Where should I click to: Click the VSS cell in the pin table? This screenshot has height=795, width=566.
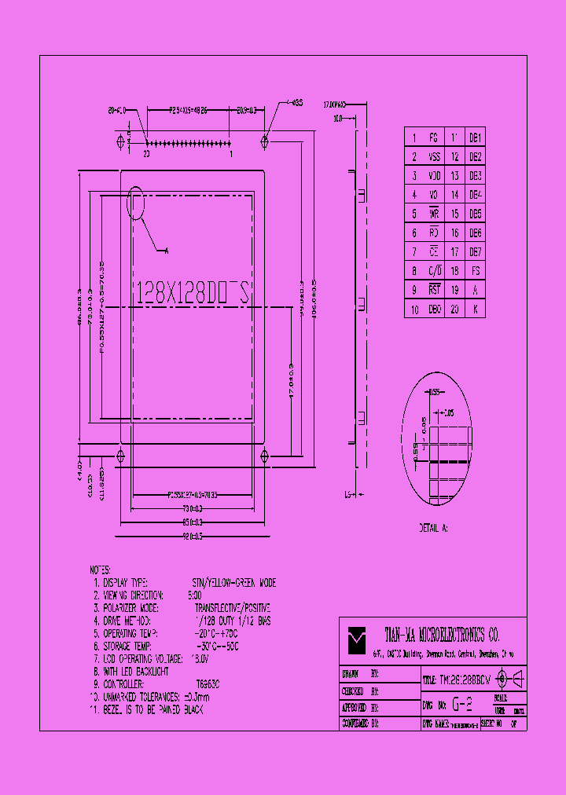coord(434,156)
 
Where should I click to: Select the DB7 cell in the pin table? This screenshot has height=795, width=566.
coord(475,251)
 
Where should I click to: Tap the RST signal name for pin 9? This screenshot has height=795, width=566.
coord(434,290)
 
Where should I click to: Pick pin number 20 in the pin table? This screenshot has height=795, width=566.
coord(454,309)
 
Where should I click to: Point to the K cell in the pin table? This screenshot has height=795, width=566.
coord(475,309)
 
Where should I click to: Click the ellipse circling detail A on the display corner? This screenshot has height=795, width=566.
coord(138,203)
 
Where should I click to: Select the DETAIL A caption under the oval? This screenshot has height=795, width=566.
coord(434,529)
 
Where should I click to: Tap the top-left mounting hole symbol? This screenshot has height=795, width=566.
coord(120,141)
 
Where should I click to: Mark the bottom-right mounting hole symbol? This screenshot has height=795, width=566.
coord(265,456)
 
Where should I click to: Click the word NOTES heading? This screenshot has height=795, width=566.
coord(101,570)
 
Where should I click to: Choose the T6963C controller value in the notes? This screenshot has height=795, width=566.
coord(208,684)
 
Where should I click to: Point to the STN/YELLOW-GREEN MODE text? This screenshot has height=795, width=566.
coord(234,583)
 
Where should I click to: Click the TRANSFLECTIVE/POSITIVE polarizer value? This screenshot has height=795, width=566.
coord(232,608)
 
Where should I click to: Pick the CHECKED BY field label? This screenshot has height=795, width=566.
coord(361,692)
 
